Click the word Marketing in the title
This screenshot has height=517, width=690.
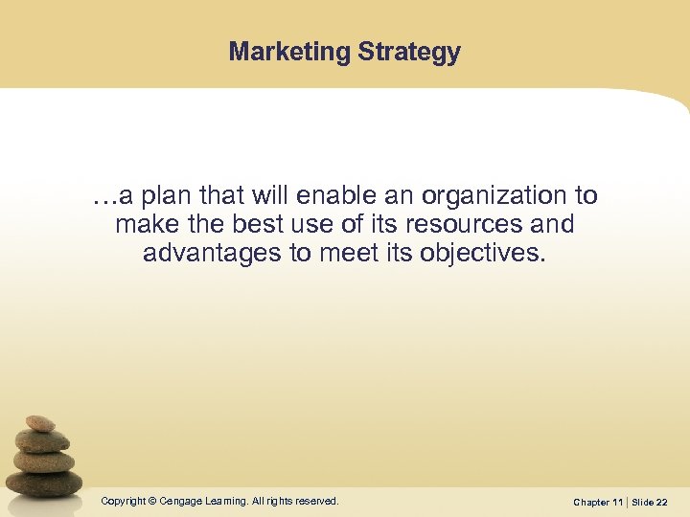[289, 52]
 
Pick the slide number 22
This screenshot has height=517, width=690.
[662, 503]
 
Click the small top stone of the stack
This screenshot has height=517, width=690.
[39, 422]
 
